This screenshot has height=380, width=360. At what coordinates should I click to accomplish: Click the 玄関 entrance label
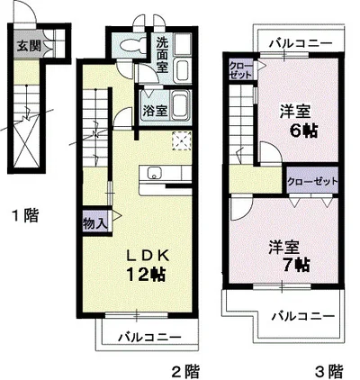[x=29, y=47]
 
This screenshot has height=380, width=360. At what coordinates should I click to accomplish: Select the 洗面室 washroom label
[x=162, y=55]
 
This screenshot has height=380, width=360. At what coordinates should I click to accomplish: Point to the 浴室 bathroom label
[x=155, y=112]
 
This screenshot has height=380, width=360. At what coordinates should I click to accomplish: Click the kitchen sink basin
[x=154, y=173]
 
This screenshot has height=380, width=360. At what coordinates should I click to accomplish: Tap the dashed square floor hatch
[x=182, y=140]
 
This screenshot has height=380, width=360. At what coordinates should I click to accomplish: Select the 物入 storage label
[x=94, y=223]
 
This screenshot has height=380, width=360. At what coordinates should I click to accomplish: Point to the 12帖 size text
[x=147, y=274]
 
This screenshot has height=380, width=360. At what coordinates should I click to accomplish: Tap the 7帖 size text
[x=296, y=264]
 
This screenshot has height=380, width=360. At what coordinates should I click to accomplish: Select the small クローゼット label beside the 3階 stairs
[x=240, y=70]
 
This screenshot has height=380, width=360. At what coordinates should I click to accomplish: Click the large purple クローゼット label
[x=312, y=182]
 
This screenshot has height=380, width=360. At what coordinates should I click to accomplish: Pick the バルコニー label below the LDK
[x=149, y=338]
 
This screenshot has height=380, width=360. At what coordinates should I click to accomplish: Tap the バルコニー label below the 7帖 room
[x=303, y=316]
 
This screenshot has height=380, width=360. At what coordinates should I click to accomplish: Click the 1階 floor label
[x=25, y=215]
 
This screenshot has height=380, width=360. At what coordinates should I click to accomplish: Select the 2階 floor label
[x=185, y=371]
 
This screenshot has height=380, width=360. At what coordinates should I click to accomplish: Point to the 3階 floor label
[x=328, y=371]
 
